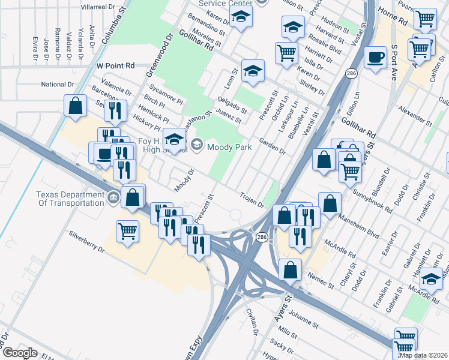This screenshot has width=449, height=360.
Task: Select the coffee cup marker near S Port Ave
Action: (376, 58)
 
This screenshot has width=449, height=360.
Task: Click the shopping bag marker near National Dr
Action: (76, 106)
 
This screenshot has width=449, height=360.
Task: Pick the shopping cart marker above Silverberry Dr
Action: (127, 231)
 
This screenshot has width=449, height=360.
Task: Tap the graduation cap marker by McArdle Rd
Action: (430, 279)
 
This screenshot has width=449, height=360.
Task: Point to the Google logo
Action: (19, 353)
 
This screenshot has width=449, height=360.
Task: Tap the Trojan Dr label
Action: (252, 200)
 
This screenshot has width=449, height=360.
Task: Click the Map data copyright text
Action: (424, 354)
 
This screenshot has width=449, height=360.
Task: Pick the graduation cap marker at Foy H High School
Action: (174, 141)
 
